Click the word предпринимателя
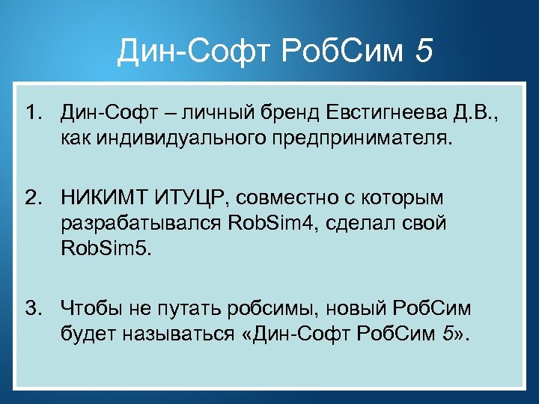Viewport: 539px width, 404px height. pyautogui.click(x=371, y=138)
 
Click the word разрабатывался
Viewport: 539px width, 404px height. pyautogui.click(x=139, y=223)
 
